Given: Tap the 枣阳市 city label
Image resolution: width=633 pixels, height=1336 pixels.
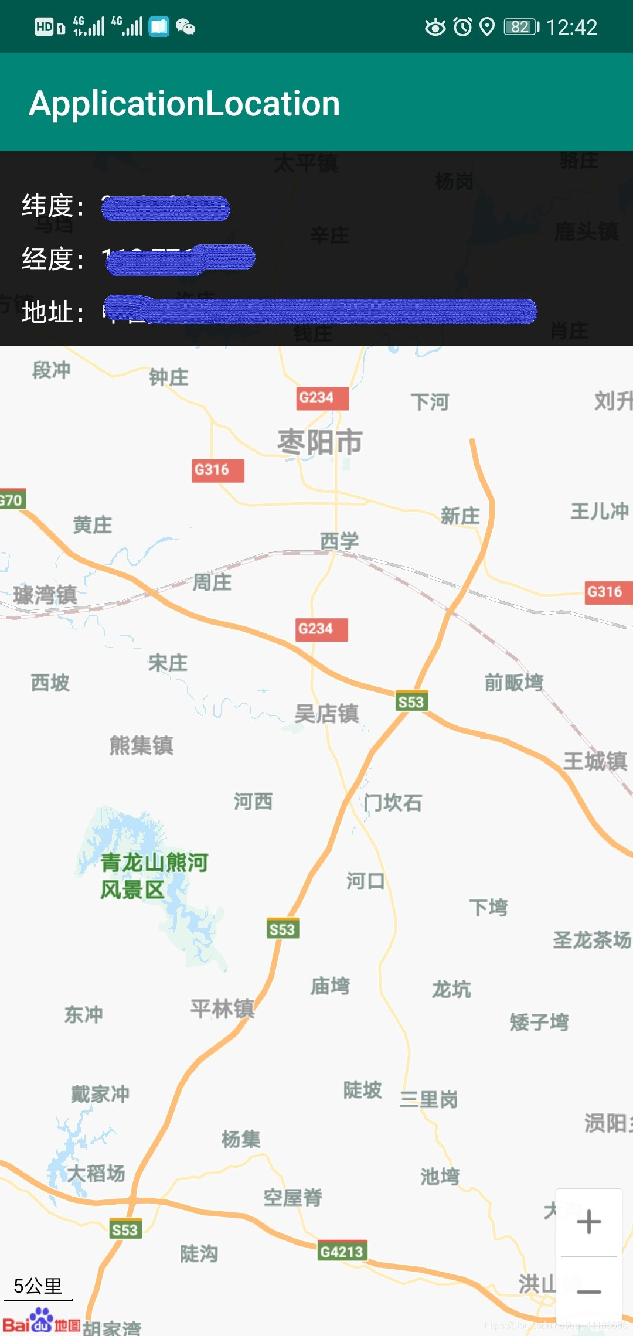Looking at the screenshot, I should pos(320,442).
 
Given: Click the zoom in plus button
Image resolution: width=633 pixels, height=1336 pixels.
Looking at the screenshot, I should pos(588,1222).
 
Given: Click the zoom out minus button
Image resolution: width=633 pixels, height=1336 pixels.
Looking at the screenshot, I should pos(588,1291).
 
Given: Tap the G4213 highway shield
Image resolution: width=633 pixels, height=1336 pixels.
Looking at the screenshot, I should pos(342,1252).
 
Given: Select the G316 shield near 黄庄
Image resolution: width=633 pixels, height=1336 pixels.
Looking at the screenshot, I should pos(217,470).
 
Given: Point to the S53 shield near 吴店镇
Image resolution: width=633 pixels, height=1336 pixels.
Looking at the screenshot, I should pos(411,701).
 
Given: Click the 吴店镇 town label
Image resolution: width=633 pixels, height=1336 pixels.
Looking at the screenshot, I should pos(326,714).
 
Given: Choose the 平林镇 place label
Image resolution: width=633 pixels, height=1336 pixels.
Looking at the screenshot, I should pos(222,1008).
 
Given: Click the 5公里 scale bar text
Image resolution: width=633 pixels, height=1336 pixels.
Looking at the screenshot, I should pos(38,1286).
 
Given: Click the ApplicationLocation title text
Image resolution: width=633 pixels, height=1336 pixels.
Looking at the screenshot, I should pos(185,104).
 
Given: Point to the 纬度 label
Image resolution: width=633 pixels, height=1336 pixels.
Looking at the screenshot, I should pos(52,206).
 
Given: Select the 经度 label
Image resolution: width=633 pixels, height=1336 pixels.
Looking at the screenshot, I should pos(52,259).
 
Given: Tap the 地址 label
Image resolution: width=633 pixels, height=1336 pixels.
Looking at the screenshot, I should pos(52,312).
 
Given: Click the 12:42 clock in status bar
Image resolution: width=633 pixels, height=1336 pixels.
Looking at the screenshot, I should pos(571,27).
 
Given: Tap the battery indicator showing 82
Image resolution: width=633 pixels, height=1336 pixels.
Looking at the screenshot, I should pos(521,27).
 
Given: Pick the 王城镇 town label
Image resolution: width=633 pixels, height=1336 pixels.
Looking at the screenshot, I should pos(594,761).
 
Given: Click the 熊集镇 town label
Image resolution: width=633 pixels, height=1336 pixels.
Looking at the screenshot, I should pos(141,745).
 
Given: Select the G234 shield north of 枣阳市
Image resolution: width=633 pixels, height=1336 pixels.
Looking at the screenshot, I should pos(322,398).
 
